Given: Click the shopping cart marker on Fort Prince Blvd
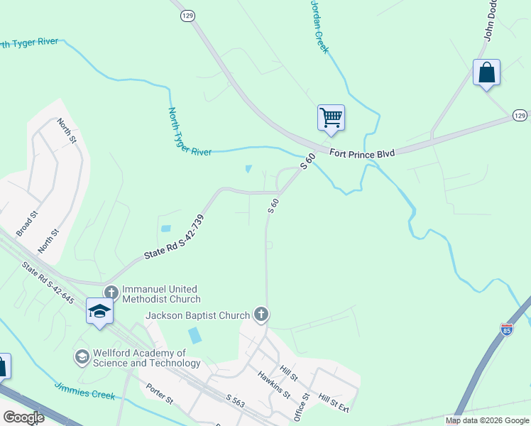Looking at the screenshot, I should tap(331, 118).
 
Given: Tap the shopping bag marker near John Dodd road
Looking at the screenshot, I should tap(486, 72).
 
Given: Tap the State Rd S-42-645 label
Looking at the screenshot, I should tap(48, 283).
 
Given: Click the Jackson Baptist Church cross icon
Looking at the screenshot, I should tap(261, 315).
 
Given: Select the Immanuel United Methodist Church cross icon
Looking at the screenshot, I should tap(111, 293).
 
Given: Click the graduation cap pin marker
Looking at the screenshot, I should tap(99, 311).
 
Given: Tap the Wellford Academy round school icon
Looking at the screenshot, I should tap(82, 356).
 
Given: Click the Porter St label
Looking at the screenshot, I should tap(159, 394).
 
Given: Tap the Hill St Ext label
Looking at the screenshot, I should tap(334, 403).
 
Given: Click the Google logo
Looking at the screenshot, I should tap(23, 417).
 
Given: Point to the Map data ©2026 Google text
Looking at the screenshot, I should tap(487, 420).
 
